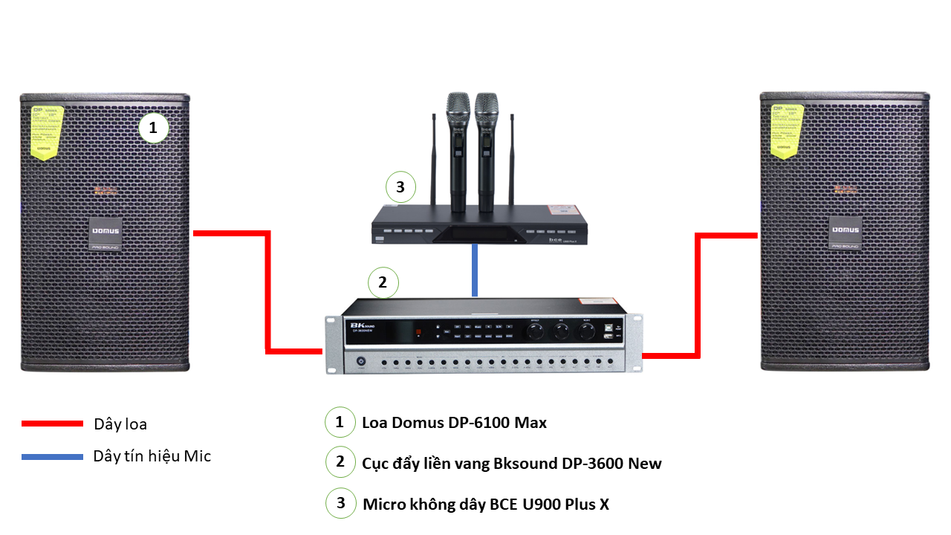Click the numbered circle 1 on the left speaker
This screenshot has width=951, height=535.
[x=154, y=129]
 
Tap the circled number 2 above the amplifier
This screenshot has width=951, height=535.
[x=383, y=282]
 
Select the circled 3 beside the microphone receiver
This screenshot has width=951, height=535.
[x=400, y=187]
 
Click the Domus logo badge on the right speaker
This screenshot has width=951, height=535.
[x=845, y=230]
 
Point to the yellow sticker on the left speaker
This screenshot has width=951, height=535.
[x=47, y=132]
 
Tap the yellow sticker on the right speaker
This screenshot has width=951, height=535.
[x=785, y=132]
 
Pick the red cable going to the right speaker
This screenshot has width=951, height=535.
[x=698, y=297]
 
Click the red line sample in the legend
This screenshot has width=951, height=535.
[x=52, y=424]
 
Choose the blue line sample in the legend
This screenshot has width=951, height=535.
[x=52, y=456]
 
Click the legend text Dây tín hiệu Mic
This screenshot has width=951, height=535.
[x=152, y=456]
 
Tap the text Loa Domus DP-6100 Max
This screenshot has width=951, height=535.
[x=455, y=423]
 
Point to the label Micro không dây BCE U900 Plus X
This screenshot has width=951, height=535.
[x=486, y=504]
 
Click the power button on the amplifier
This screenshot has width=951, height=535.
[x=361, y=362]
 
